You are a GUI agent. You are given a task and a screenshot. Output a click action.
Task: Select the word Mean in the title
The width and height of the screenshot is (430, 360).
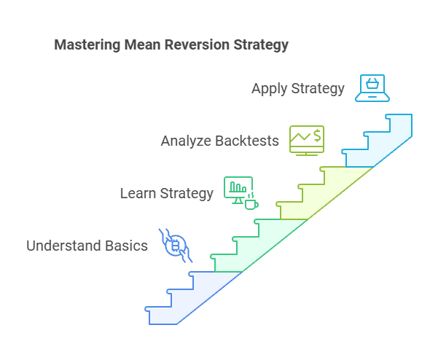[x=136, y=45]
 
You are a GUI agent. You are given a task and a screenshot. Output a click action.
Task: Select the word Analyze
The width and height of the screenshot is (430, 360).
[x=184, y=141]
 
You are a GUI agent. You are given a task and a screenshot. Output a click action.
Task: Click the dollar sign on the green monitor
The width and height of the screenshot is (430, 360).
[x=317, y=136]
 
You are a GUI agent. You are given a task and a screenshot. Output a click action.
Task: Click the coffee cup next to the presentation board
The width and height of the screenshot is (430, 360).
[x=251, y=203]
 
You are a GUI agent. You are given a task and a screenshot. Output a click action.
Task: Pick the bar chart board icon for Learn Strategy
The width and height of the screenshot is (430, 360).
[x=238, y=189]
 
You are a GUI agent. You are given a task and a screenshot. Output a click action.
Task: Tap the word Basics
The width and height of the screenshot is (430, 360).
[x=126, y=246]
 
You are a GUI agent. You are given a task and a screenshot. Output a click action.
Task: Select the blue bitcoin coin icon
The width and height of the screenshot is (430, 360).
[x=175, y=246]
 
